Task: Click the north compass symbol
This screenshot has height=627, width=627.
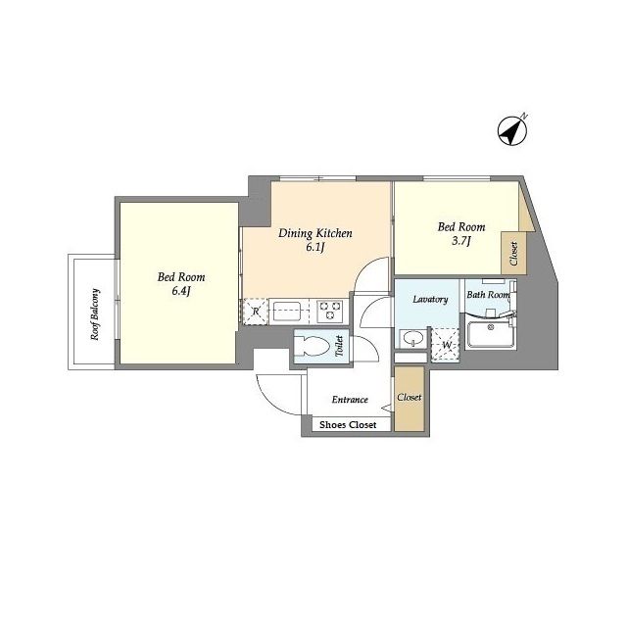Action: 512,130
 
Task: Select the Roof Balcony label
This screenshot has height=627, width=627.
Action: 95,314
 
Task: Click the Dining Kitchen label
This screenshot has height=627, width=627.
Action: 315,233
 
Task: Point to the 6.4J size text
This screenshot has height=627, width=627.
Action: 181,291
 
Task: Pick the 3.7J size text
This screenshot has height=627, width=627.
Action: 461,241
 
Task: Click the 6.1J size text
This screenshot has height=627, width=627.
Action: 314,248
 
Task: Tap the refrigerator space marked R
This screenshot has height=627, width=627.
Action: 256,312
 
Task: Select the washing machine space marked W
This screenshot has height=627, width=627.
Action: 446,345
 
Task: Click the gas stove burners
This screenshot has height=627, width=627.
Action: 330,312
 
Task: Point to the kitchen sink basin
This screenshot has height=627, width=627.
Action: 287,312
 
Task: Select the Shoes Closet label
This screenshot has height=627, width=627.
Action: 348,424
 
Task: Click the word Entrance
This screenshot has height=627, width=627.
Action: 350,400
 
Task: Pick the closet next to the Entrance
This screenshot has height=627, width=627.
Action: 410,399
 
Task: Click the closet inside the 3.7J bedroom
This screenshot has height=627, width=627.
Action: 513,253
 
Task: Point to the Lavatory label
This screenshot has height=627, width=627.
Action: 430,299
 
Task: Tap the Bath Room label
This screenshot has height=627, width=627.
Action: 488,295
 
